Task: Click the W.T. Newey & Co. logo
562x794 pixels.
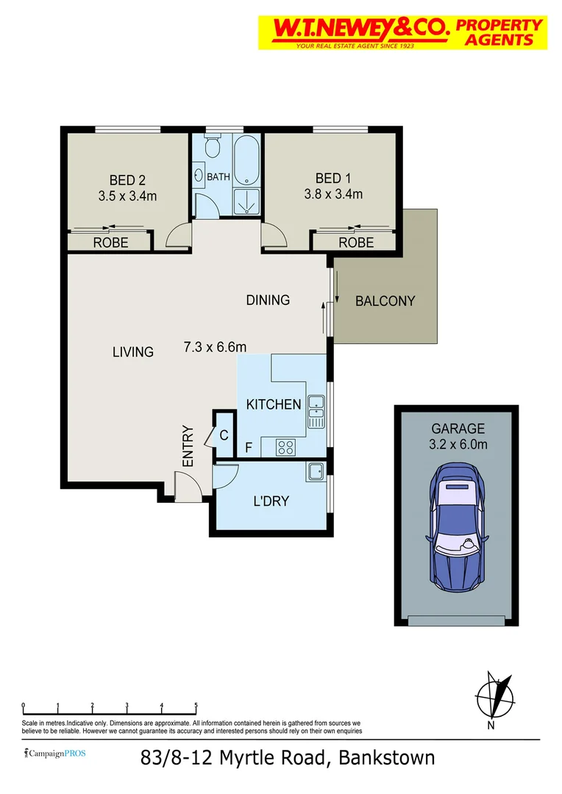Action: tap(402, 32)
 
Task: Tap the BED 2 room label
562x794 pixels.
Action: tap(122, 179)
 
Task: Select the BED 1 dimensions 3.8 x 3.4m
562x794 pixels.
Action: tap(333, 195)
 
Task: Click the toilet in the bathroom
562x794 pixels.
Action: tap(212, 148)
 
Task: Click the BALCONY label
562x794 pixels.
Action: tap(385, 301)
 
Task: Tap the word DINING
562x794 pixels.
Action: tap(268, 300)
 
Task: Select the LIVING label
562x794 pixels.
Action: tap(133, 352)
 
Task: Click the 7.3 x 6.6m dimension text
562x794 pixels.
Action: tap(215, 347)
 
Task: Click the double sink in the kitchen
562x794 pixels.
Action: tap(316, 412)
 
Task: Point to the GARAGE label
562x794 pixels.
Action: tap(458, 429)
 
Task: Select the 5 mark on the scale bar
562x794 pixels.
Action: tap(196, 706)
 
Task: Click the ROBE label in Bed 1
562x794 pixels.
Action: tap(356, 242)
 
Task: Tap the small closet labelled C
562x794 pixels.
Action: tap(222, 435)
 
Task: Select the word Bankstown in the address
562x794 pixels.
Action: tap(386, 758)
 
